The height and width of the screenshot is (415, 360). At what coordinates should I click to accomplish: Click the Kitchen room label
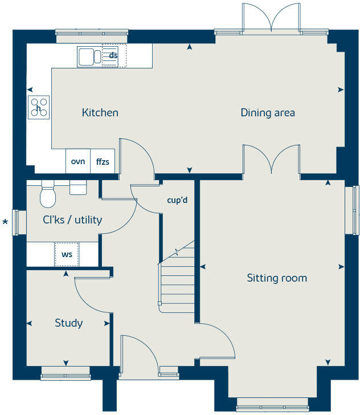click(100, 112)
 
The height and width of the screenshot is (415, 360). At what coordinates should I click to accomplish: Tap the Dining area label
click(268, 112)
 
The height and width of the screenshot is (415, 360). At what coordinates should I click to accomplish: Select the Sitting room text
click(277, 278)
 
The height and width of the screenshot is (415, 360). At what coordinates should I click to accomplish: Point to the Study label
click(68, 323)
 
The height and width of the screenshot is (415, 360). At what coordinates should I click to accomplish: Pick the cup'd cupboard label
click(177, 201)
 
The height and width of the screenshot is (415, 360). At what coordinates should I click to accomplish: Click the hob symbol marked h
click(39, 107)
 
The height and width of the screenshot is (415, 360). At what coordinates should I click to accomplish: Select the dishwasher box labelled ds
click(114, 55)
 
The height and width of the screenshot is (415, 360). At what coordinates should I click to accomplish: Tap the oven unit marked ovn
click(77, 161)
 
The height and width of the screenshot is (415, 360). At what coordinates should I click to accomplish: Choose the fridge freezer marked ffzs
click(103, 161)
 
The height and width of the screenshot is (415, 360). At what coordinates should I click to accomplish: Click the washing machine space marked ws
click(67, 254)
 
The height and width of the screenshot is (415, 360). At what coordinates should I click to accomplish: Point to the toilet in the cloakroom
click(48, 195)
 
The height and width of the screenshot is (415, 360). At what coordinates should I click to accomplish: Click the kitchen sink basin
click(87, 56)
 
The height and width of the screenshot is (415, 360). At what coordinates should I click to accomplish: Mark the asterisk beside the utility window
click(6, 222)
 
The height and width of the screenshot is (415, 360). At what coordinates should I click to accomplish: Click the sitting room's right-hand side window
click(355, 209)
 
